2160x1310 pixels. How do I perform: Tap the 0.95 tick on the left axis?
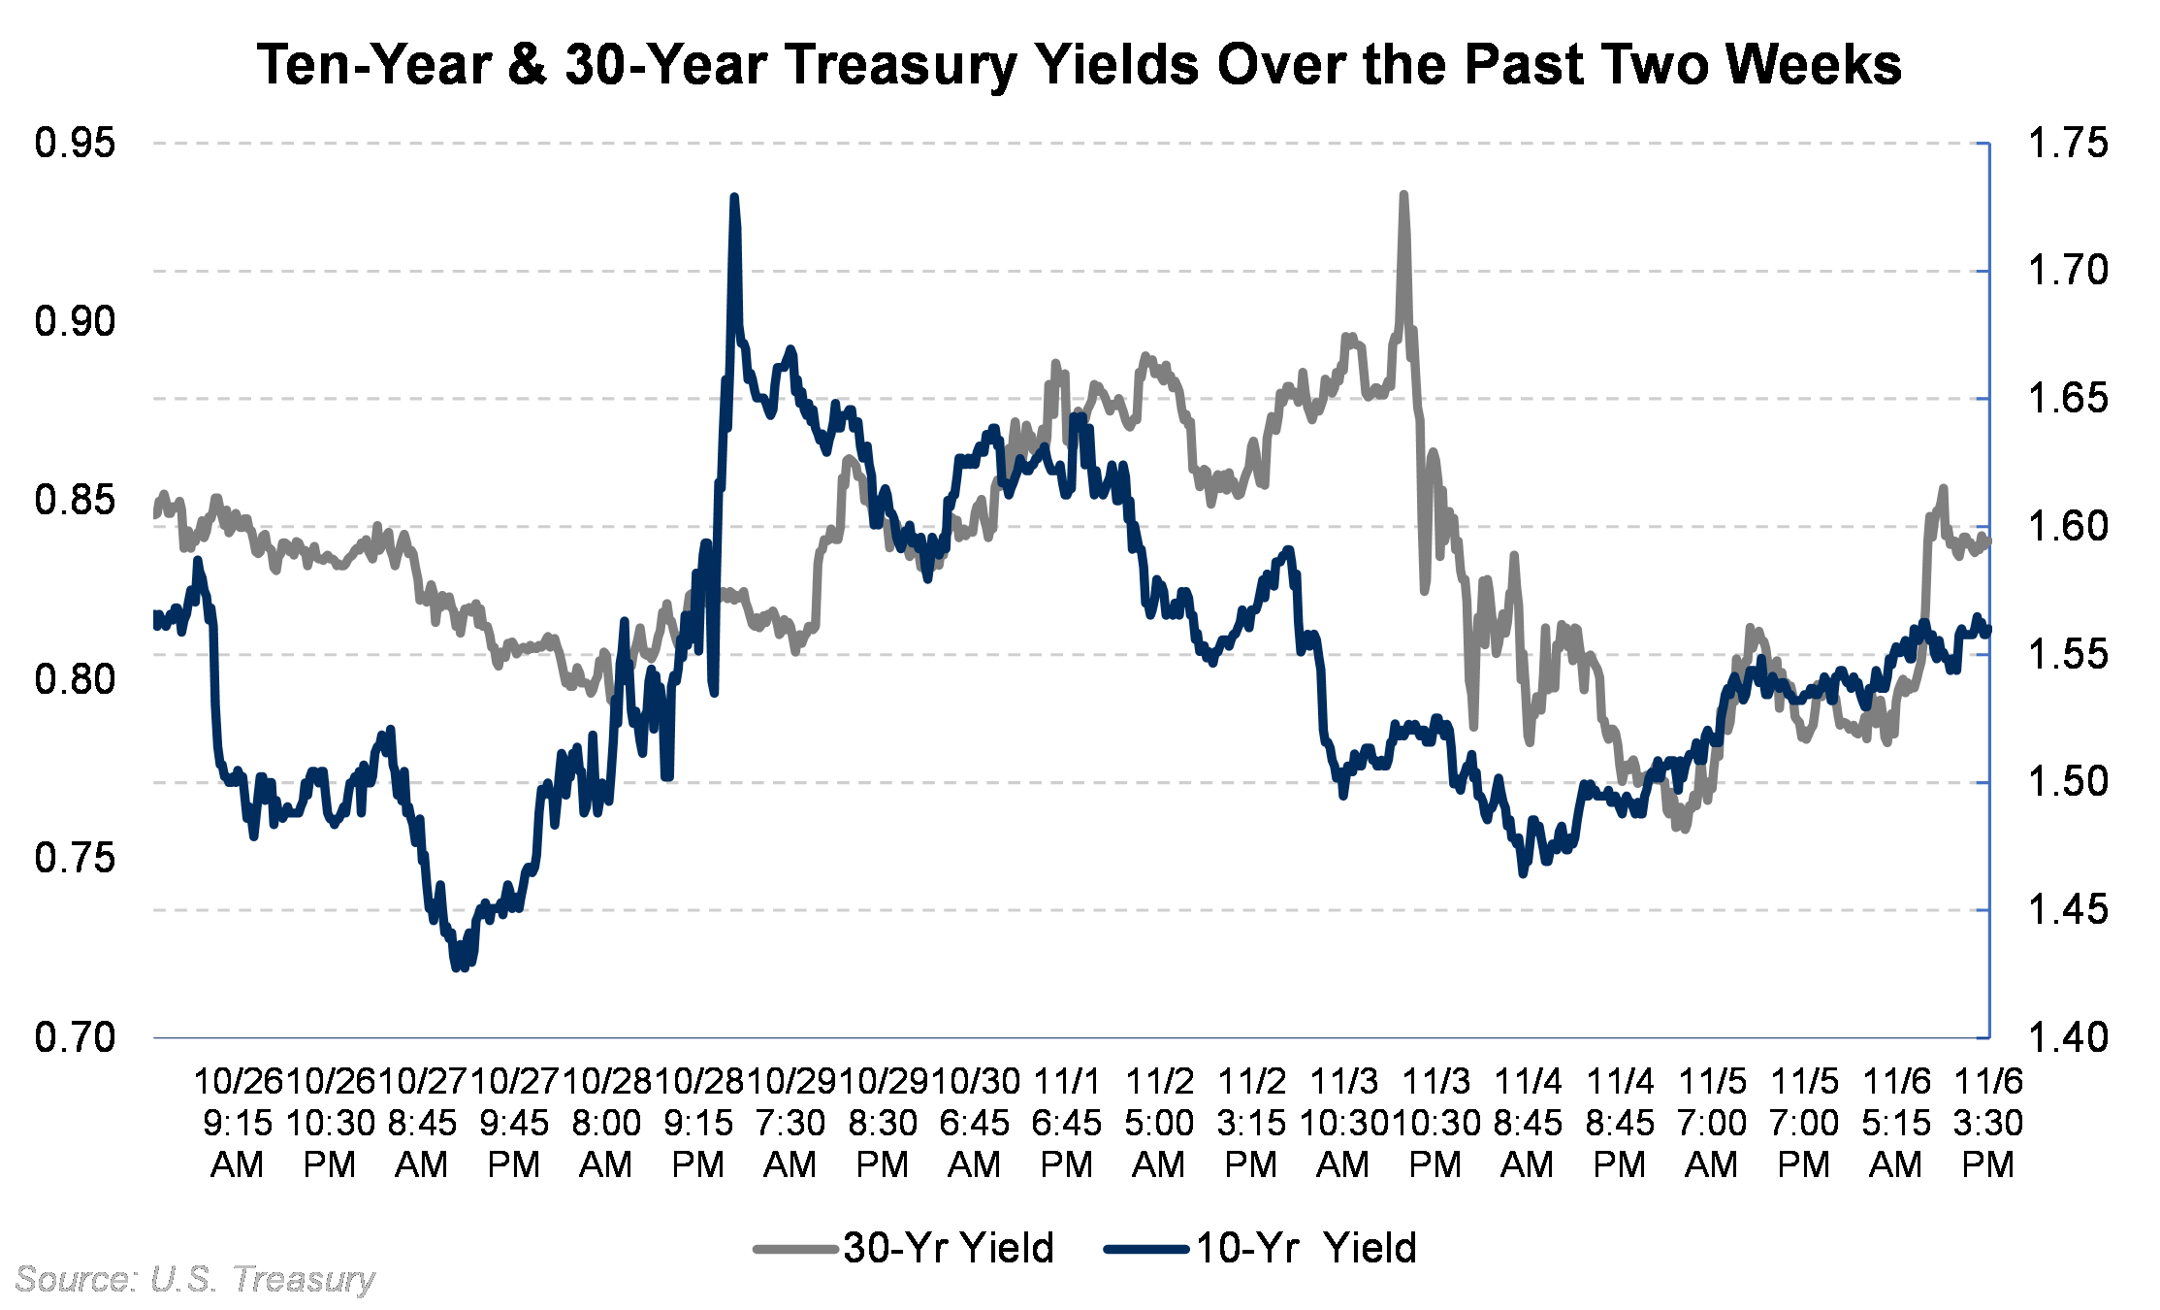75,144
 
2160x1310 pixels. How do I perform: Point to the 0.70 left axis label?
75,1037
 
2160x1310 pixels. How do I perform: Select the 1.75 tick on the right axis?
2068,144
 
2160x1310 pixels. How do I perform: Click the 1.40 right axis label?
2068,1037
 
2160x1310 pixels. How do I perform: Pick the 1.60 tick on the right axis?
2068,527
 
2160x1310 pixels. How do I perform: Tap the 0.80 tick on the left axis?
75,679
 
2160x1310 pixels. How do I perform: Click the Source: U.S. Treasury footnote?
194,1279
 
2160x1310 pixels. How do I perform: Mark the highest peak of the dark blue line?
734,197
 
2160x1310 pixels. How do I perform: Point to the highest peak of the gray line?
1403,195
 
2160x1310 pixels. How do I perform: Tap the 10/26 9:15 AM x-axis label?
237,1122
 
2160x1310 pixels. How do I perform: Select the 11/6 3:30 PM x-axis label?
1987,1122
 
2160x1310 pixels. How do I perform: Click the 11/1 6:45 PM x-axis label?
1066,1122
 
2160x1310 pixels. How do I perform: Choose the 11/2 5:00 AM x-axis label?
1158,1122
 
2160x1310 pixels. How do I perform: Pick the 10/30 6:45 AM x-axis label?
974,1122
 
